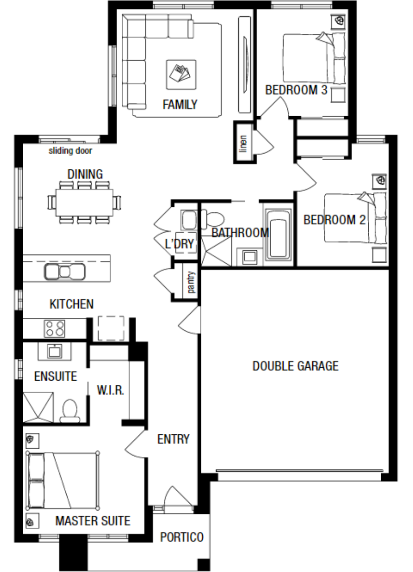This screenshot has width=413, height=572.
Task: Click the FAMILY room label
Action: point(180,105)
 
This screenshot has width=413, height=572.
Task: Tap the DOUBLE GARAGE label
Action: point(295,366)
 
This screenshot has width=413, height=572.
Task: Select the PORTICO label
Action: point(182,537)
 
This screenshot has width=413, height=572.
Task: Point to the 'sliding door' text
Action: point(70,151)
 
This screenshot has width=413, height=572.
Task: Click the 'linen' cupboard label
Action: point(243,144)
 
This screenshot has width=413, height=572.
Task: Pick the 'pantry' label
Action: point(191,282)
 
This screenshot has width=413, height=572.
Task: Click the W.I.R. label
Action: point(111,390)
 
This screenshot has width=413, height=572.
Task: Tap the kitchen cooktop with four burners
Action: point(55,328)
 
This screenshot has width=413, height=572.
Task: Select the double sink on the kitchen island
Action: point(64,271)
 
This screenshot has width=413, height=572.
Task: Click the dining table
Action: point(85,202)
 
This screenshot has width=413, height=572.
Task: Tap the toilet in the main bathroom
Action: point(213,219)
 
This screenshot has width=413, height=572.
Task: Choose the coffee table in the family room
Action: point(181,75)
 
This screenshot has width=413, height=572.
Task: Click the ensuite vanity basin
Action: point(55,351)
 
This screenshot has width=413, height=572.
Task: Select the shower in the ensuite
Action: point(38,408)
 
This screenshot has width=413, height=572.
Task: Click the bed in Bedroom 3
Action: point(314,58)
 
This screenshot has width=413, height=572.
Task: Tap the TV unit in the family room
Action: point(244,65)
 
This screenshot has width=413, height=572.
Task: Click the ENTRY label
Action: point(173,439)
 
